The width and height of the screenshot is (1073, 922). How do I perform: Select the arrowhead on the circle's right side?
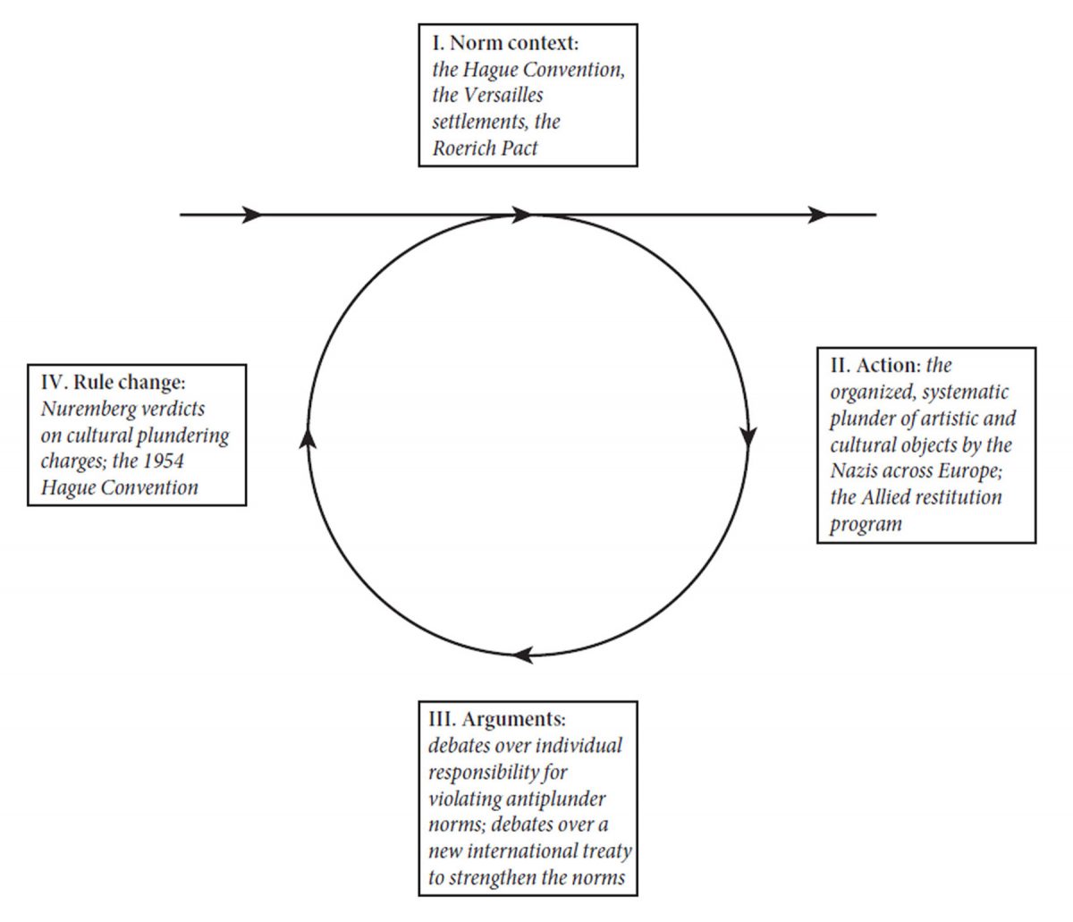749,436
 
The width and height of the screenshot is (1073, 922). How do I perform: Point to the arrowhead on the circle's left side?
308,436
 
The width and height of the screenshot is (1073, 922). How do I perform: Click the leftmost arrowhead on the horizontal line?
253,215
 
